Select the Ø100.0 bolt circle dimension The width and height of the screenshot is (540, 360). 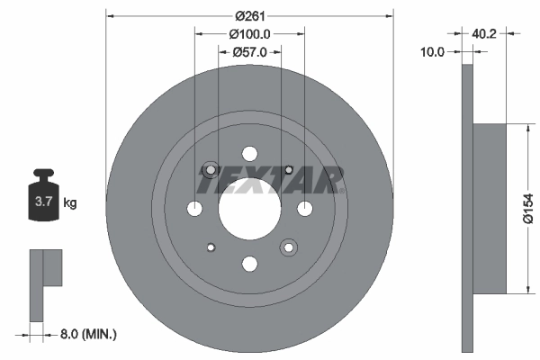pos(250,33)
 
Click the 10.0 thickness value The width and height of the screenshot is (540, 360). pos(433,52)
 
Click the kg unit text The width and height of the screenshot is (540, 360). pos(70,203)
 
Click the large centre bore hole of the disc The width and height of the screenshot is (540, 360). pos(249,209)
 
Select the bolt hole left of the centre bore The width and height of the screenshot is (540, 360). pos(194,209)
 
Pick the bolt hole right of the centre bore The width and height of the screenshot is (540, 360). pos(304,209)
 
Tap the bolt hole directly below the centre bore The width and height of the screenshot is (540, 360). pos(249,264)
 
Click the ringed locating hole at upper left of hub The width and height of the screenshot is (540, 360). pos(211,170)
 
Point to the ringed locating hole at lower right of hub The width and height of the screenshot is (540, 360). pos(288,247)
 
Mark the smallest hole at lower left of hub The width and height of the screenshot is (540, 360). pos(211,247)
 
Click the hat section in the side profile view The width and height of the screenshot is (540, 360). pos(490,208)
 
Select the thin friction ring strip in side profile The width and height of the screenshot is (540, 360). pos(466,208)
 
